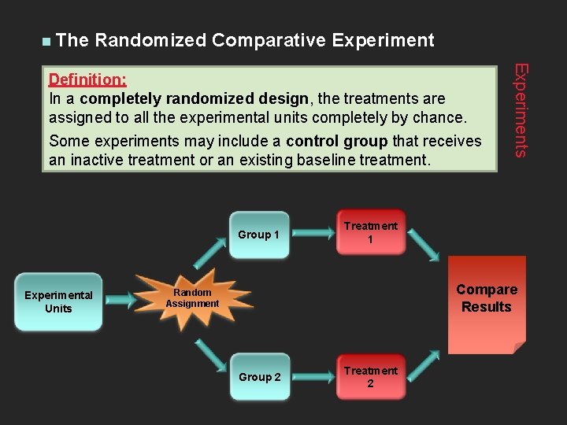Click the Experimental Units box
58,301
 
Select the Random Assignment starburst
192,298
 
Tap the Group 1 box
259,235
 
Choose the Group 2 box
259,377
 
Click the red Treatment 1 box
370,233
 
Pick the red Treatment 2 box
370,377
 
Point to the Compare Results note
486,303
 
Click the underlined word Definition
88,79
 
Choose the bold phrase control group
336,142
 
